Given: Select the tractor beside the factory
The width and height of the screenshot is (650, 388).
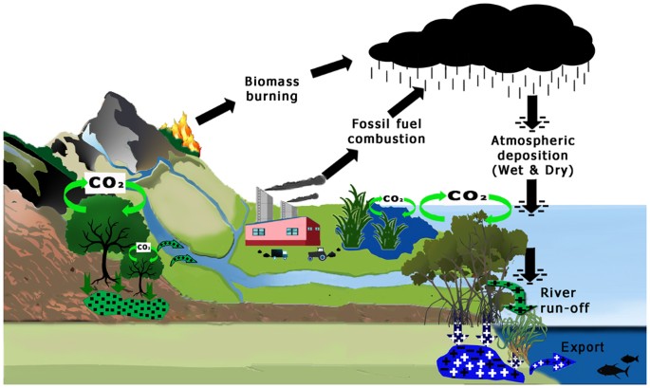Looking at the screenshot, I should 317,253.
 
